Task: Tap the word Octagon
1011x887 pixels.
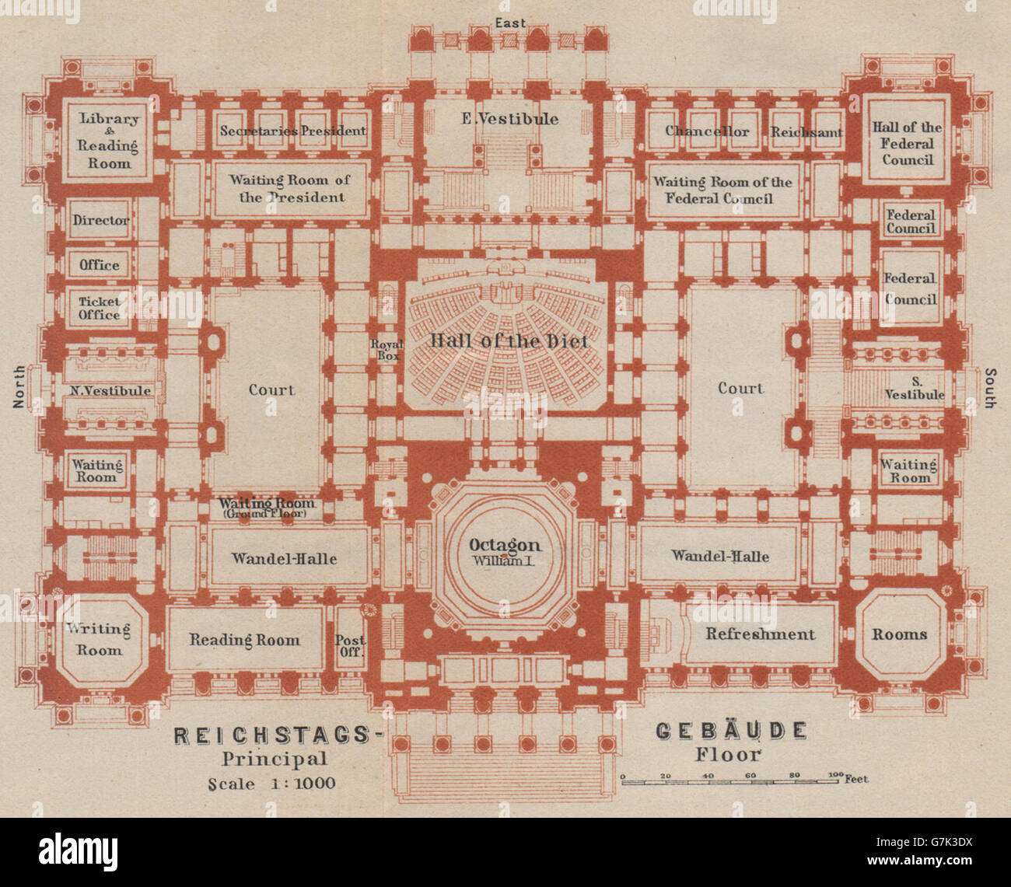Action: (504, 545)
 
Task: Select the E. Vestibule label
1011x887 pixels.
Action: (509, 119)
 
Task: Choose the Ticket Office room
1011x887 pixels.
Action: (99, 308)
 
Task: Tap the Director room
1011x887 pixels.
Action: (100, 220)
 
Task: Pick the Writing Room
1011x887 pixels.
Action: (98, 639)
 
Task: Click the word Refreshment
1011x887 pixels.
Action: (760, 634)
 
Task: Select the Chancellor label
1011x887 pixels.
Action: (707, 131)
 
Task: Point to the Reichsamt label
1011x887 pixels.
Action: (806, 132)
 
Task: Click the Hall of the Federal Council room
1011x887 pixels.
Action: (906, 143)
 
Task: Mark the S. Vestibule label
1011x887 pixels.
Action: (914, 387)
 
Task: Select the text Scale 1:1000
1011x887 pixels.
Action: (271, 784)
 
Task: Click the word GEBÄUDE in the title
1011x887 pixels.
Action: (730, 732)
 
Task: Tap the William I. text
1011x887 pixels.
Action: (504, 560)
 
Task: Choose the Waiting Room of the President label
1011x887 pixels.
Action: (289, 188)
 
